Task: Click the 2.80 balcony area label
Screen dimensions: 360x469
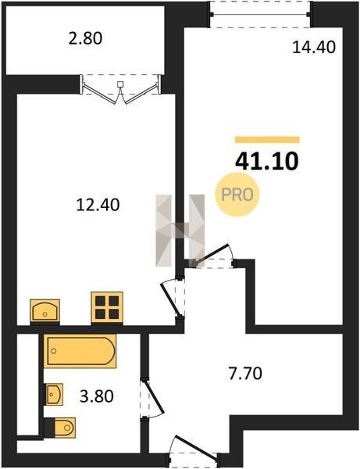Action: [85, 38]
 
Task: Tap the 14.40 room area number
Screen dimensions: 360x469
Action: [314, 47]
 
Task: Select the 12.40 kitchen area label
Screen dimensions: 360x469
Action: [98, 205]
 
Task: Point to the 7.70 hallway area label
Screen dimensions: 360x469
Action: [245, 374]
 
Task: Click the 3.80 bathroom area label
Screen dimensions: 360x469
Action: [97, 396]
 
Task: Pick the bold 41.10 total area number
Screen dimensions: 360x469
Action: [267, 161]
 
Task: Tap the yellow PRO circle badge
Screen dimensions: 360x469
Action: [237, 195]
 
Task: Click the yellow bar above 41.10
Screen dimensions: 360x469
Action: [267, 140]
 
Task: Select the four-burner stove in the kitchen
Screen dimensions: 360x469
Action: [107, 308]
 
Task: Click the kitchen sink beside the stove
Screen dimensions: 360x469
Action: [45, 311]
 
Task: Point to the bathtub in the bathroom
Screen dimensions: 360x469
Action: [80, 351]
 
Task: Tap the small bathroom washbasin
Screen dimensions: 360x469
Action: [55, 395]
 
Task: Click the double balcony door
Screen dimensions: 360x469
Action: [120, 90]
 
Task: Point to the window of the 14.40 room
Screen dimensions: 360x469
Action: [261, 14]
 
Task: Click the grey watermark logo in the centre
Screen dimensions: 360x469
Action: [180, 231]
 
